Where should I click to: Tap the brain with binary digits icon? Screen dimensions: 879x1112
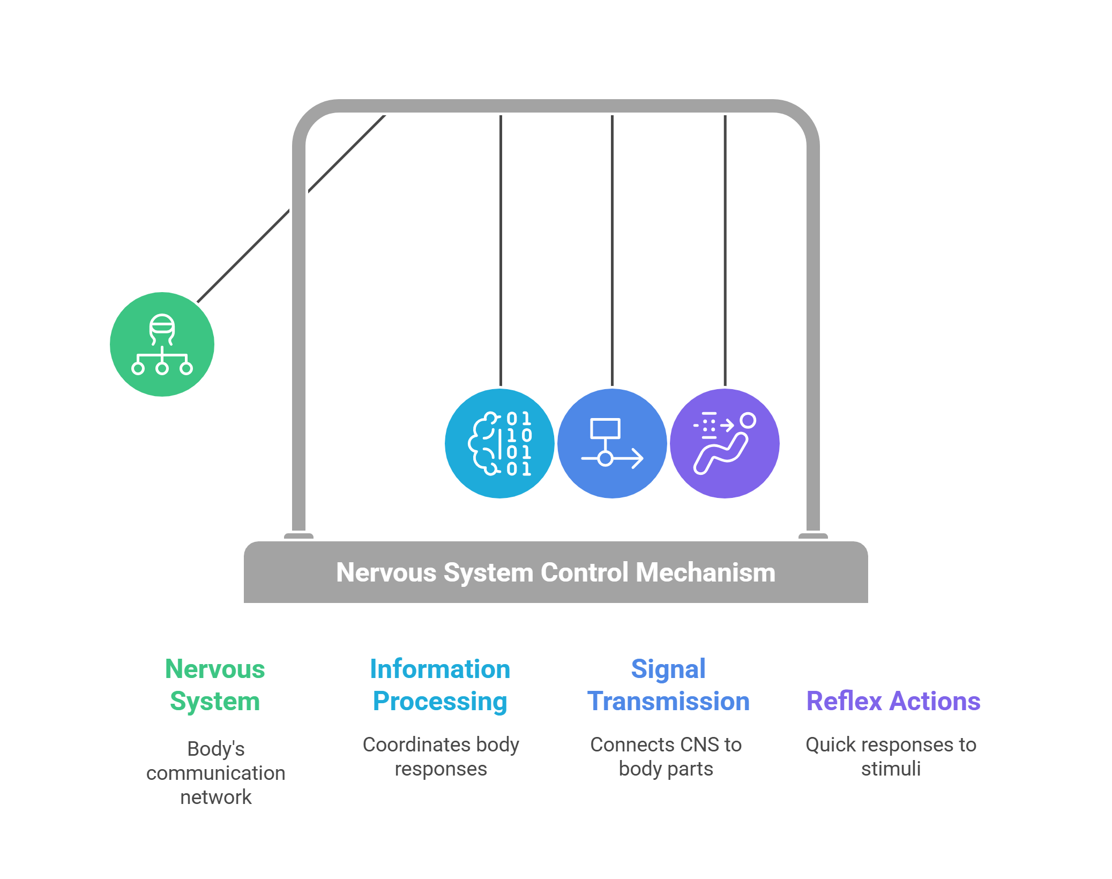pyautogui.click(x=499, y=444)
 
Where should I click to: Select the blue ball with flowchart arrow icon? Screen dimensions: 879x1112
pyautogui.click(x=612, y=444)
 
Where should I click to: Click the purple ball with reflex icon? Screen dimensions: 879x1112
pyautogui.click(x=725, y=444)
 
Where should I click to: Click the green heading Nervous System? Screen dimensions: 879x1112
pyautogui.click(x=215, y=685)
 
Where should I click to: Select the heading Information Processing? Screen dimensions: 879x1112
pyautogui.click(x=440, y=685)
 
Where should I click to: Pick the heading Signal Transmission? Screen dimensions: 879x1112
pyautogui.click(x=668, y=685)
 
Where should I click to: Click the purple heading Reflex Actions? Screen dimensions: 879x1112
pyautogui.click(x=893, y=701)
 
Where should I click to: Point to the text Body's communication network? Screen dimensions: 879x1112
pyautogui.click(x=216, y=772)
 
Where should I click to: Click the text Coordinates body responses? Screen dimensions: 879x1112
pyautogui.click(x=441, y=756)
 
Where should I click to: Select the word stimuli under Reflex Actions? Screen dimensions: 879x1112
pyautogui.click(x=891, y=769)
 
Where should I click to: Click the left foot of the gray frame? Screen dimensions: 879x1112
pyautogui.click(x=298, y=535)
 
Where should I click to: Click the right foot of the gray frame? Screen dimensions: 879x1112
pyautogui.click(x=813, y=535)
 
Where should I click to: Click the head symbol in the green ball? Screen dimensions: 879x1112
pyautogui.click(x=162, y=328)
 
